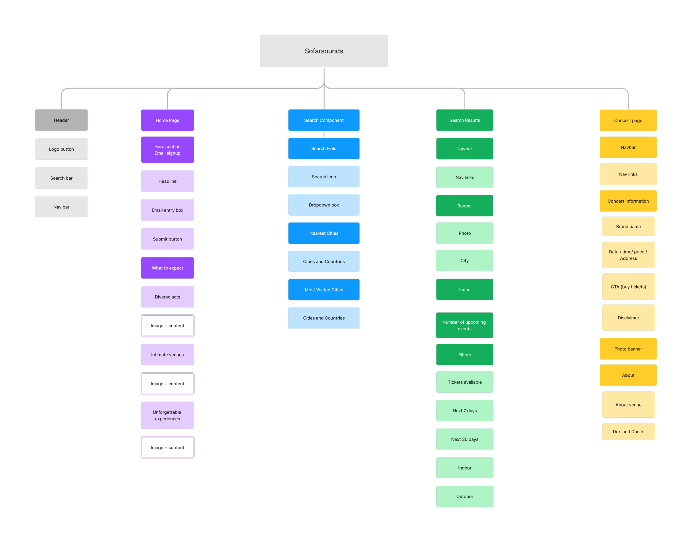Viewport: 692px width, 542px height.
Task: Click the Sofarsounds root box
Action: point(324,51)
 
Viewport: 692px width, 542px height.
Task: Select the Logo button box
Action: point(61,149)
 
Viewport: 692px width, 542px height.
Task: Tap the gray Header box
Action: point(61,120)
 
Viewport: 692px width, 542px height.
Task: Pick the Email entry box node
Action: point(167,210)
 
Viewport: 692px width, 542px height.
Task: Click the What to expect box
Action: point(167,268)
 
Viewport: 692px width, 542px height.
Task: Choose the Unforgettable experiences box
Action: point(167,415)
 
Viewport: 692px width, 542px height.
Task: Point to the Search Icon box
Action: point(324,177)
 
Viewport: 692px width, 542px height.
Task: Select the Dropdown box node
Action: point(324,205)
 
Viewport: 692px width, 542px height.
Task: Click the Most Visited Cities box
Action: point(324,290)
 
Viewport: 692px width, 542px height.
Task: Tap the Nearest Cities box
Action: point(324,233)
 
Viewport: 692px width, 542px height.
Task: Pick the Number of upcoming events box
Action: point(464,325)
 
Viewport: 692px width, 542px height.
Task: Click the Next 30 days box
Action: point(464,439)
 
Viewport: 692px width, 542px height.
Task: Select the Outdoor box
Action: point(464,496)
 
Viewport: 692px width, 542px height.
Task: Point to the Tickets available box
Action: point(464,382)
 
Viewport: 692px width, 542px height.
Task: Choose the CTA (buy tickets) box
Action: point(628,287)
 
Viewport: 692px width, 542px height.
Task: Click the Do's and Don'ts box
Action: point(628,431)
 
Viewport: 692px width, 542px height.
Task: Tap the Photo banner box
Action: point(628,349)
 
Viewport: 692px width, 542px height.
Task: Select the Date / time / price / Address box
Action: point(628,255)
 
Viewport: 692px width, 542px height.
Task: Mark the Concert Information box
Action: point(628,201)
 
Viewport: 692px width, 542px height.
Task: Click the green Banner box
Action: point(464,206)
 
